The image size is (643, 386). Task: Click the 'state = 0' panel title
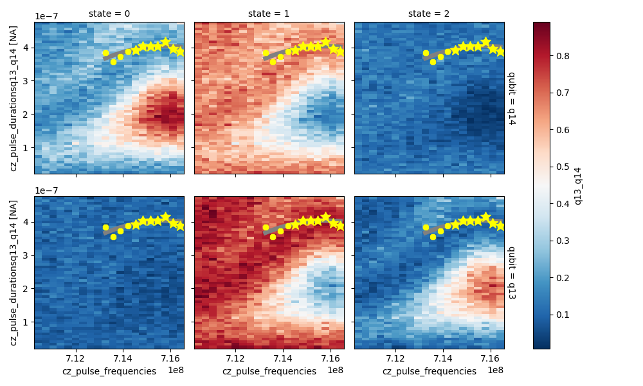click(109, 14)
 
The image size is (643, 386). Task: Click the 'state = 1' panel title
click(269, 14)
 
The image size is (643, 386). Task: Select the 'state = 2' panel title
click(429, 14)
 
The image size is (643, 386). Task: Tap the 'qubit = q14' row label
click(512, 98)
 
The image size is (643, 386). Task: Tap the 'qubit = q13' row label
click(512, 272)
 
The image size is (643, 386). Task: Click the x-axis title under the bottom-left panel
click(109, 371)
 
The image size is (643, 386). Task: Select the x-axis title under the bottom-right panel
click(429, 371)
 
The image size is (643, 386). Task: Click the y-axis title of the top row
click(14, 98)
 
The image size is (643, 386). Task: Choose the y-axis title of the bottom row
click(14, 272)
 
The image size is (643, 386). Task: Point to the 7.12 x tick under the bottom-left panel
click(76, 358)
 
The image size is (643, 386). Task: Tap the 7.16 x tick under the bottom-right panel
click(491, 358)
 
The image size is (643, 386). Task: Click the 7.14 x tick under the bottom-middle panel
click(283, 358)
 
